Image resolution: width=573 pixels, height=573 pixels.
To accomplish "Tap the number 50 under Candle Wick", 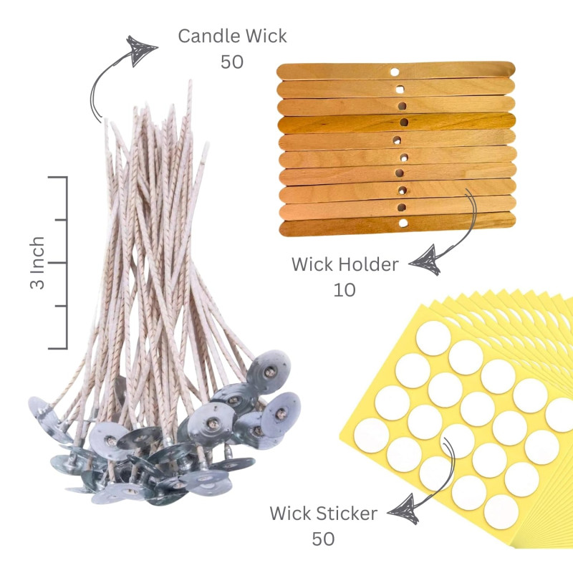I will (x=232, y=62).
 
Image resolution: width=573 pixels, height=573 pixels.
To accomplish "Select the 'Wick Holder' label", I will (x=345, y=264).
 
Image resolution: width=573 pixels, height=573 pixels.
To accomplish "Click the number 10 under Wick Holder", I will (x=345, y=290).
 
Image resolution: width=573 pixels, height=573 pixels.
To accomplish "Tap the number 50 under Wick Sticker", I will (x=324, y=538).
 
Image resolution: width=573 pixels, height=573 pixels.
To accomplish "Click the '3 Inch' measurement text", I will (x=38, y=262).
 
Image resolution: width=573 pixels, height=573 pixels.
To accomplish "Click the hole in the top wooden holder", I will (x=394, y=71).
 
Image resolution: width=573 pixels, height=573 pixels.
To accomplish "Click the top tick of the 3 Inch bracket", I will (x=59, y=177).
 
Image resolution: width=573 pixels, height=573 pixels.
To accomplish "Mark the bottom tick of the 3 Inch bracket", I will (x=59, y=348).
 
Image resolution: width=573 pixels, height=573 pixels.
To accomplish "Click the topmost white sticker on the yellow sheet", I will (x=433, y=337).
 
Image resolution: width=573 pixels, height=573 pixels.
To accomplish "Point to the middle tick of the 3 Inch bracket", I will (x=59, y=262).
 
